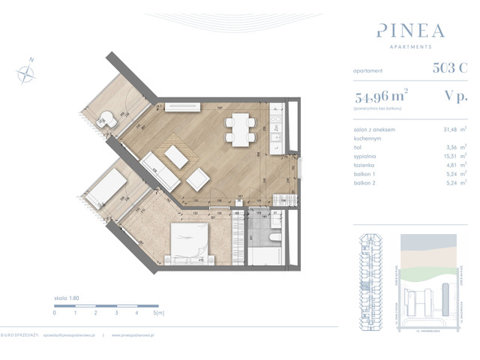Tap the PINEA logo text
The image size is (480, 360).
[x=410, y=31]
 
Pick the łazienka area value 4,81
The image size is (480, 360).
[x=451, y=165]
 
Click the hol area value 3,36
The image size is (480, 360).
[x=451, y=147]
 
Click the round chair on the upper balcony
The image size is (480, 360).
[x=108, y=119]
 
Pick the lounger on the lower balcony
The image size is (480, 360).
[x=108, y=184]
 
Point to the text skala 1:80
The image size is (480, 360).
[x=67, y=298]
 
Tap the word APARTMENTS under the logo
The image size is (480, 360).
[x=410, y=47]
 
